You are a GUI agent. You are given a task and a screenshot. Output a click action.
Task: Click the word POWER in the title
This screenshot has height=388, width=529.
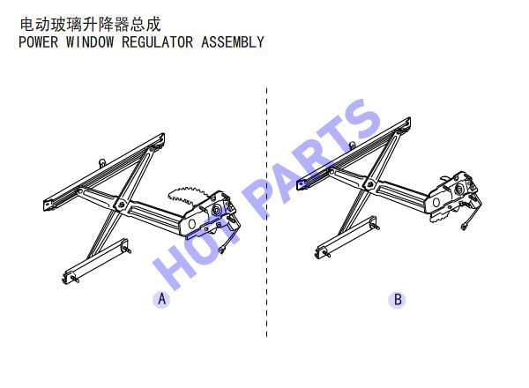(x=38, y=42)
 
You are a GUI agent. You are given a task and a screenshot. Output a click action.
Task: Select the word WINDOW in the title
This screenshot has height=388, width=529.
(x=90, y=42)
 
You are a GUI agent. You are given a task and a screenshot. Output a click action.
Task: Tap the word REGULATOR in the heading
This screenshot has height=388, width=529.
(x=157, y=42)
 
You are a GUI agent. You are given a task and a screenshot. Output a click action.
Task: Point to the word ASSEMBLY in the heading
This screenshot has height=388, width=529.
(x=233, y=42)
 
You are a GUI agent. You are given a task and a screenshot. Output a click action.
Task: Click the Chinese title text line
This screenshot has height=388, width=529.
(x=90, y=25)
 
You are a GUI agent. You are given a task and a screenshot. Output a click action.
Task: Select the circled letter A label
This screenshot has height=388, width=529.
(x=162, y=299)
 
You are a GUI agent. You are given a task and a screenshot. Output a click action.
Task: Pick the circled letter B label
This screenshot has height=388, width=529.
(x=398, y=300)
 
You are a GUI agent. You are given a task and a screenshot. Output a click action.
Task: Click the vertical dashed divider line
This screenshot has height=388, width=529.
(x=266, y=213)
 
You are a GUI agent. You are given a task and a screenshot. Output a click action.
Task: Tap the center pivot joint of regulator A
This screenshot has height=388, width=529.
(x=121, y=204)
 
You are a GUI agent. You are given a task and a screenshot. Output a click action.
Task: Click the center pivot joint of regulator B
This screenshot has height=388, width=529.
(x=370, y=184)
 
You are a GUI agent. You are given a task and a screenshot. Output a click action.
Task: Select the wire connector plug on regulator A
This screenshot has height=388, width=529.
(x=222, y=250)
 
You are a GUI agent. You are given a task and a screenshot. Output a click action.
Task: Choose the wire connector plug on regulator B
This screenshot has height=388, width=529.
(x=464, y=228)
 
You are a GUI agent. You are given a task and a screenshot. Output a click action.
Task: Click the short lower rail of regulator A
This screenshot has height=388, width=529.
(x=96, y=261)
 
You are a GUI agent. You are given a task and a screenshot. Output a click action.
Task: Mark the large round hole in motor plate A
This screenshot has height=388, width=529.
(x=192, y=224)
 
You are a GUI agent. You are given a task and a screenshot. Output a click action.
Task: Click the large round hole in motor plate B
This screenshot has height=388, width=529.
(x=436, y=203)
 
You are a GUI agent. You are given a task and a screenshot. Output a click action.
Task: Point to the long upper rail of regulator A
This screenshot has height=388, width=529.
(x=104, y=172)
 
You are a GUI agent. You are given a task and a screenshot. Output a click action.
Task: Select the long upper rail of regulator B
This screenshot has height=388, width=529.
(x=354, y=153)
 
